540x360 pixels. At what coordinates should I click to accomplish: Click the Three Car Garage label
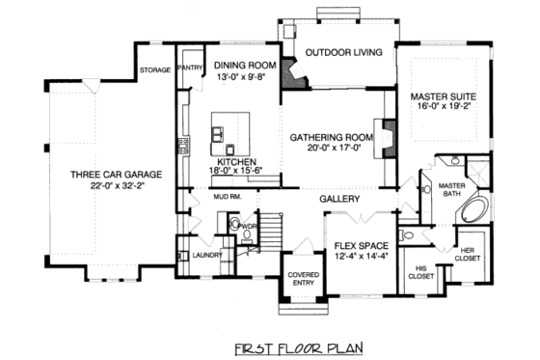click(115, 175)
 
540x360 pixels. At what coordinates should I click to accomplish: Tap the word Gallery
click(340, 199)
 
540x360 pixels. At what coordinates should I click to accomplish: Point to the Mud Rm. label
click(227, 197)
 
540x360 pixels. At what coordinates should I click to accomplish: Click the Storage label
click(154, 69)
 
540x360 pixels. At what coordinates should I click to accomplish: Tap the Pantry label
click(188, 69)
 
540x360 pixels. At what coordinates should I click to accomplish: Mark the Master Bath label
click(452, 189)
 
